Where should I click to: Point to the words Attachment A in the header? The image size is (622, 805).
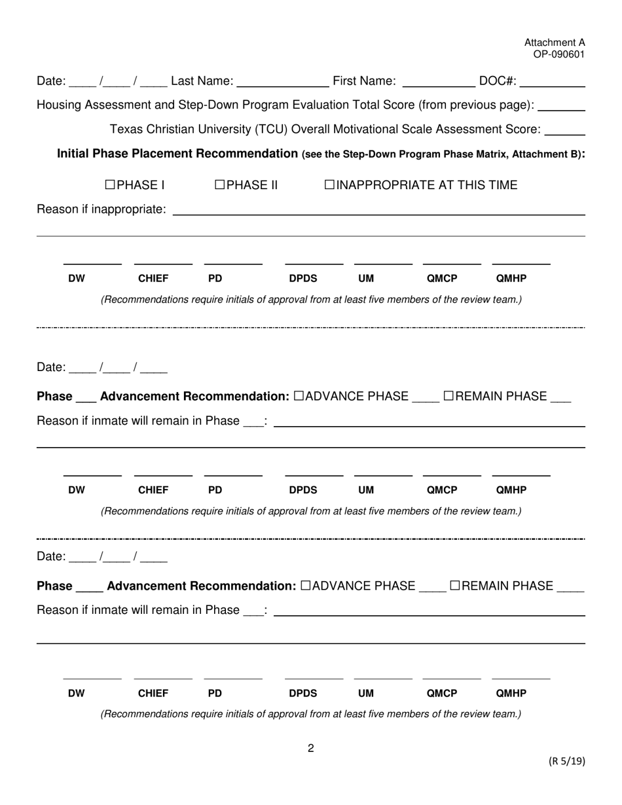(x=555, y=43)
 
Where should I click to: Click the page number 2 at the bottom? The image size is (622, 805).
(x=311, y=749)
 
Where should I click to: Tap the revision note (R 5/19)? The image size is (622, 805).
(x=566, y=760)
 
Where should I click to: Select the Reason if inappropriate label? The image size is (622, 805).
(x=101, y=209)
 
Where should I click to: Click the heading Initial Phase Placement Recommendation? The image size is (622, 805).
(x=177, y=154)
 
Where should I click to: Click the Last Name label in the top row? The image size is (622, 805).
(x=202, y=81)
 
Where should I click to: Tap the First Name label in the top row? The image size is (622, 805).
(x=364, y=81)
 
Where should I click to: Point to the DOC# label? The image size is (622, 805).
(x=498, y=81)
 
